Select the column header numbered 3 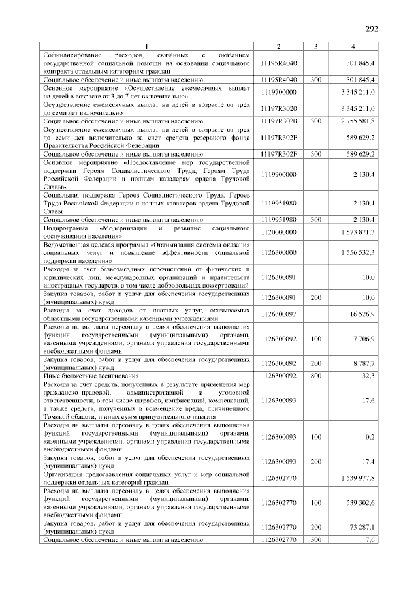pyautogui.click(x=315, y=46)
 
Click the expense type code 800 pyautogui.click(x=315, y=376)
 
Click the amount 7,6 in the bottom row pyautogui.click(x=370, y=540)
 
